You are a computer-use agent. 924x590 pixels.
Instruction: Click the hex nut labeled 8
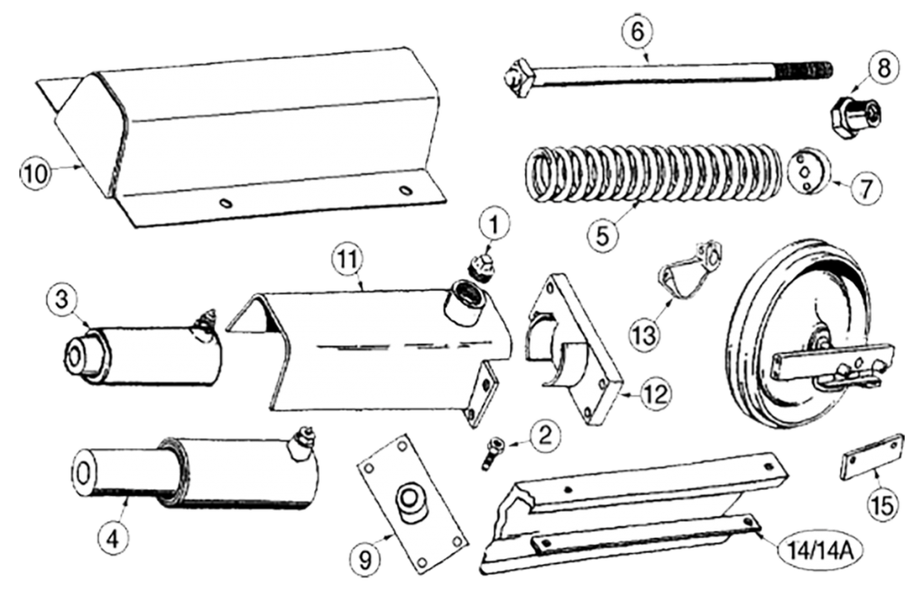[855, 116]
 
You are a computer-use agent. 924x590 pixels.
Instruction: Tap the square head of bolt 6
[519, 78]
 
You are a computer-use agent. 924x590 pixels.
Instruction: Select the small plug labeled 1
[481, 265]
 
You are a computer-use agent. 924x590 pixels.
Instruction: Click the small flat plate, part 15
[872, 458]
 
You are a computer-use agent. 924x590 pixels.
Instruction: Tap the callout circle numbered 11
[347, 259]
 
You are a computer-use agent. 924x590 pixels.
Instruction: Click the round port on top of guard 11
[467, 301]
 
